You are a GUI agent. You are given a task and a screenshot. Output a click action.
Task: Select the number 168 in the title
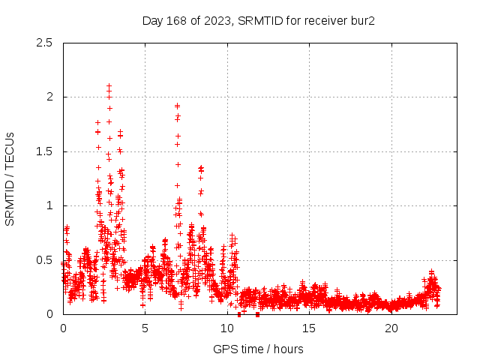[x=177, y=20]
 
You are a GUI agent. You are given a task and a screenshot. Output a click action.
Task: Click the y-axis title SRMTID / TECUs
[x=10, y=178]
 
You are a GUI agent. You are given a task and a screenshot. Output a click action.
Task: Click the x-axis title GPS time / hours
[x=258, y=349]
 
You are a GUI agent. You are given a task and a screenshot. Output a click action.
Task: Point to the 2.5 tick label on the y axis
[x=43, y=43]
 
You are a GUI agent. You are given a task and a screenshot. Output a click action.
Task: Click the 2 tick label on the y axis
[x=49, y=97]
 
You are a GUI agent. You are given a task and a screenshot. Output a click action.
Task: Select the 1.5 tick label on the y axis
[x=43, y=151]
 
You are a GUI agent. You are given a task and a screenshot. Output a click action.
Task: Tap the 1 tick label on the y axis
[x=49, y=205]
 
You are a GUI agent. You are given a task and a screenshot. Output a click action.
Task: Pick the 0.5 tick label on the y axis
[x=43, y=260]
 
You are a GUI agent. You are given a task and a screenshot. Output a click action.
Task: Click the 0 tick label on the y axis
[x=49, y=314]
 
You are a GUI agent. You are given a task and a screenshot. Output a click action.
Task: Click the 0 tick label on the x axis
[x=63, y=328]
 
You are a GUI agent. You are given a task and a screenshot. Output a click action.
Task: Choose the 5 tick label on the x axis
[x=145, y=328]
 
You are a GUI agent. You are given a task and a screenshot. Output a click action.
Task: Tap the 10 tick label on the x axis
[x=227, y=328]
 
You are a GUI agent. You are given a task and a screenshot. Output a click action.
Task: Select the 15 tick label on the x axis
[x=309, y=328]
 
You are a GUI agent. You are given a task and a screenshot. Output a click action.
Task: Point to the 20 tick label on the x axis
[x=391, y=328]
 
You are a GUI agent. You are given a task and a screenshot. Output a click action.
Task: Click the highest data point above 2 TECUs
[x=109, y=86]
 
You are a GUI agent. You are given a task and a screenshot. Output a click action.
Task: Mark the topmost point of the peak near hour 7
[x=177, y=106]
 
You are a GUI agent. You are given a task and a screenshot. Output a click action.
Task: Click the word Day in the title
[x=152, y=20]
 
